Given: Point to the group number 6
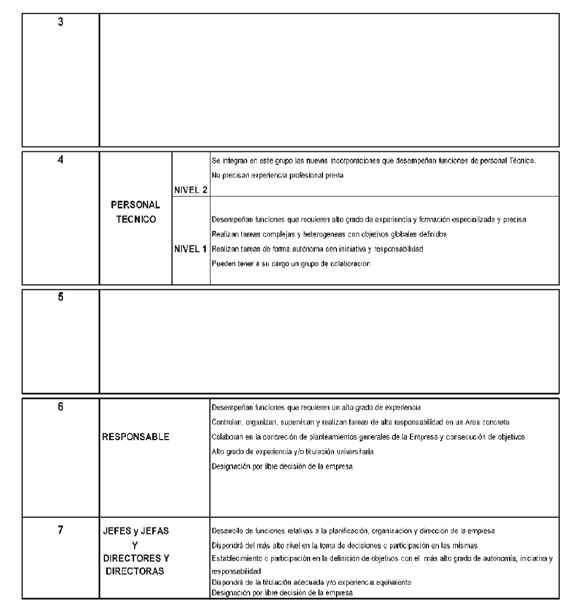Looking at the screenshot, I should pyautogui.click(x=61, y=407).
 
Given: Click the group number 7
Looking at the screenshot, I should pyautogui.click(x=61, y=531).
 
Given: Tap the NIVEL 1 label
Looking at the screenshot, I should pyautogui.click(x=191, y=249).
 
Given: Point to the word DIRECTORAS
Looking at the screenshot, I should pyautogui.click(x=134, y=571).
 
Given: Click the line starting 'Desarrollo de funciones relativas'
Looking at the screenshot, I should pyautogui.click(x=353, y=531).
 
